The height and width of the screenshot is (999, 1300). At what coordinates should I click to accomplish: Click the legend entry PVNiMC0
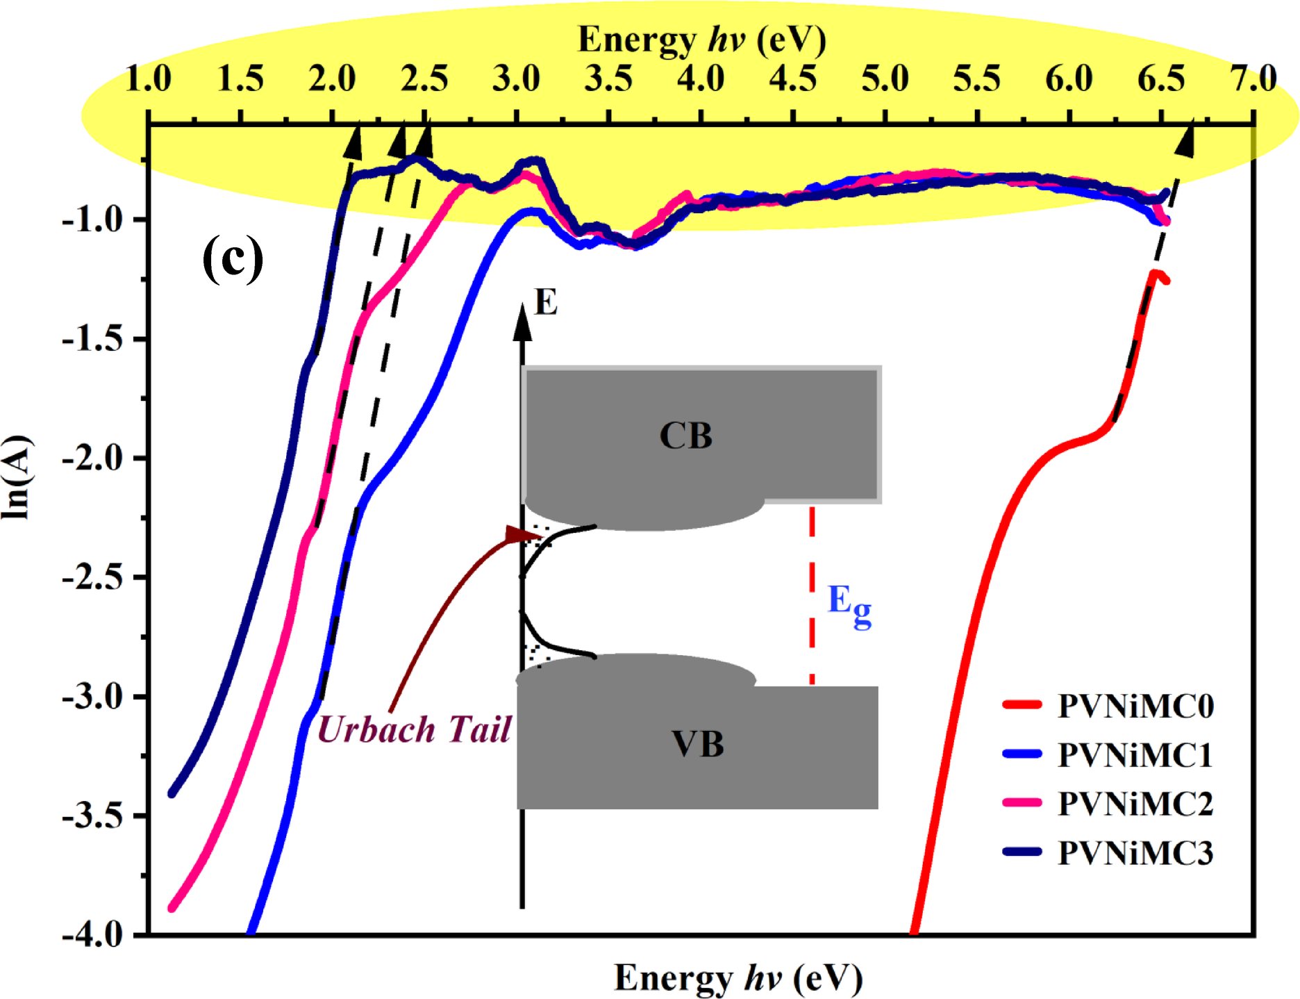click(1135, 706)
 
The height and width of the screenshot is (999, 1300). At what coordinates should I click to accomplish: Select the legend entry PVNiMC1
click(1135, 755)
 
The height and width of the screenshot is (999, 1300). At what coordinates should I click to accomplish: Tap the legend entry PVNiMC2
click(1135, 804)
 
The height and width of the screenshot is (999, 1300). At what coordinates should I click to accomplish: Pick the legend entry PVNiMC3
click(1135, 853)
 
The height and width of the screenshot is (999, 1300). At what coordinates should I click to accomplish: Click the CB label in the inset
click(685, 436)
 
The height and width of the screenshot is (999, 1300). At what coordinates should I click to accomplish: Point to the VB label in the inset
click(697, 744)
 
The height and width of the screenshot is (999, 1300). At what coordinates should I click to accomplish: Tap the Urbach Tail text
click(414, 729)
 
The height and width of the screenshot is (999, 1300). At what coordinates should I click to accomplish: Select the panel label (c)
click(233, 259)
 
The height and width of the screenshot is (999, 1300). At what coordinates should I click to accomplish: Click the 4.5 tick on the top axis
click(792, 79)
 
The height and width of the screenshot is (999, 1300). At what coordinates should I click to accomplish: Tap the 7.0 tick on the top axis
click(1253, 79)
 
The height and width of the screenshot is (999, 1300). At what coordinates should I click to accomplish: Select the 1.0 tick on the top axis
click(148, 79)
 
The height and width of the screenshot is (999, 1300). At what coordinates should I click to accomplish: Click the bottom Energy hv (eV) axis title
click(738, 977)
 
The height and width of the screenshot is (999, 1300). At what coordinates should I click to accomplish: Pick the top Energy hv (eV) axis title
click(701, 40)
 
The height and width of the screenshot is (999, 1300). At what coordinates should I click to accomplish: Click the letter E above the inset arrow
click(546, 303)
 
